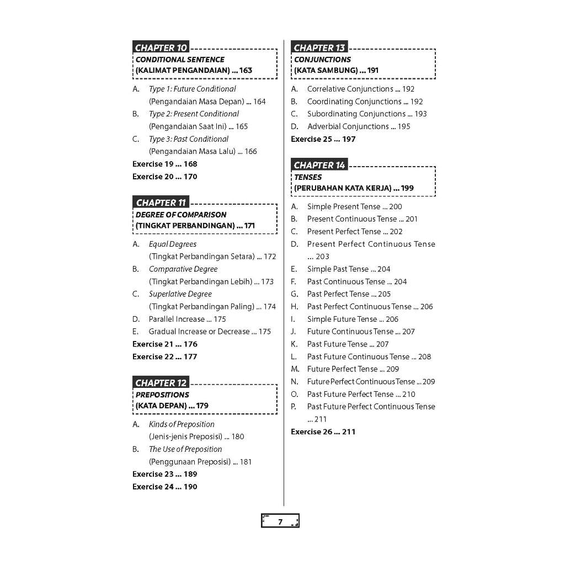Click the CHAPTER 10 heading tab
click(161, 47)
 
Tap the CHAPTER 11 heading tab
click(161, 202)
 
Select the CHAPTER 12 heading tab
click(161, 383)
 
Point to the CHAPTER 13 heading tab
click(319, 47)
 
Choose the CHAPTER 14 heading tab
click(319, 165)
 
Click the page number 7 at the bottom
click(280, 521)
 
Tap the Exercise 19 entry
click(164, 164)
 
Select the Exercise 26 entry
click(323, 431)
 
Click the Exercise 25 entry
click(323, 139)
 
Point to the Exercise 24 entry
click(164, 487)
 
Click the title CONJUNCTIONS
click(322, 60)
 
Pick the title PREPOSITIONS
click(162, 395)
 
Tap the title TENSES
click(308, 177)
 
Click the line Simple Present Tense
click(354, 206)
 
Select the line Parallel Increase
click(187, 319)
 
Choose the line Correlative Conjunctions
click(360, 89)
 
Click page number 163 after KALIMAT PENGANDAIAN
click(246, 71)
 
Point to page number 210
click(409, 394)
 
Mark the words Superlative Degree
click(180, 294)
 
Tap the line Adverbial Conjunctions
click(359, 126)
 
